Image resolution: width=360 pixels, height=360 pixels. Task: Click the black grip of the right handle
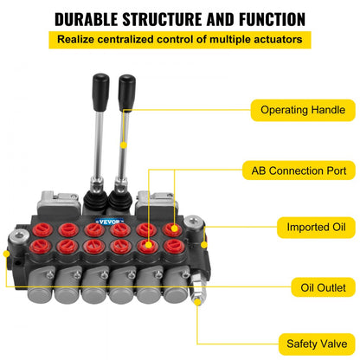pyautogui.click(x=127, y=89)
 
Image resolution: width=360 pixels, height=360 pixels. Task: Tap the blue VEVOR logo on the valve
pyautogui.click(x=111, y=220)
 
